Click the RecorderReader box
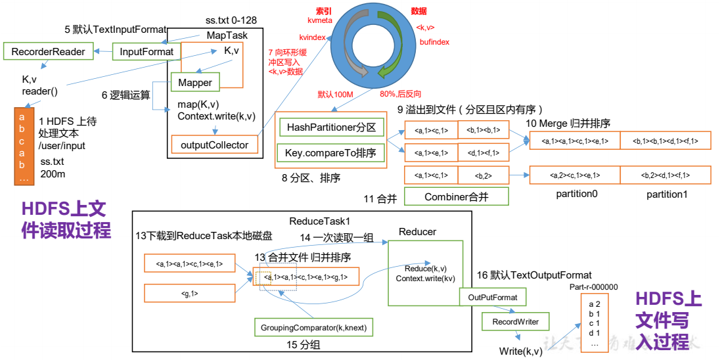[48, 51]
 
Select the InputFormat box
[147, 51]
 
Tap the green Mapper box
[195, 83]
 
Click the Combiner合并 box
[457, 196]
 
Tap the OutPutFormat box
[493, 298]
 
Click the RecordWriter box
[516, 322]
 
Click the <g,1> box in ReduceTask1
[189, 293]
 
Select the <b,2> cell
[484, 175]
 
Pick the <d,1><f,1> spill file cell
[484, 153]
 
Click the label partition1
[667, 194]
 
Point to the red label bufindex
[434, 41]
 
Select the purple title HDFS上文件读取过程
[64, 220]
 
